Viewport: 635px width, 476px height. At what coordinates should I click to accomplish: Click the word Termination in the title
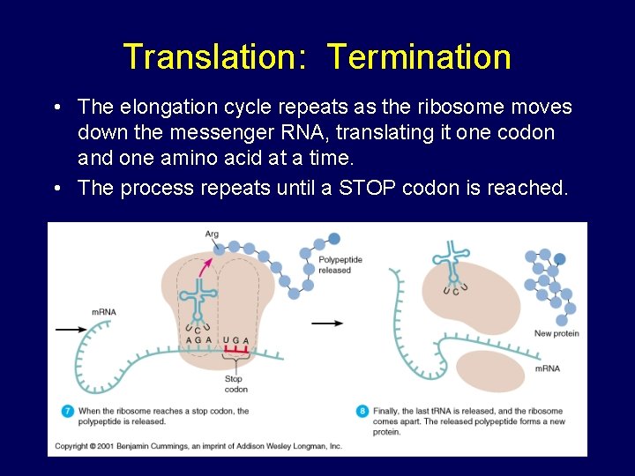click(419, 56)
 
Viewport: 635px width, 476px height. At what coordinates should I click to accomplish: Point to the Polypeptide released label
click(340, 264)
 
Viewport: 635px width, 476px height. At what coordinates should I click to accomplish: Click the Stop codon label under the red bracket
click(235, 383)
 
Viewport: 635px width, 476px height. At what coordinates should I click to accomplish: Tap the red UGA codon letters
click(236, 340)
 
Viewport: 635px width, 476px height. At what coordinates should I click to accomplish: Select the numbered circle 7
click(68, 411)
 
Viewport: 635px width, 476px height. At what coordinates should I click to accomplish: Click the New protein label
click(556, 333)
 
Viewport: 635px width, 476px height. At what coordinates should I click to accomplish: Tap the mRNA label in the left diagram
click(104, 312)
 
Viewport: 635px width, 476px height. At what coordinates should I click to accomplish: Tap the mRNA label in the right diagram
click(547, 368)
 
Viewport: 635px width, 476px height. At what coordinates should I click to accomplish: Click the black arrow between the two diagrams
click(327, 324)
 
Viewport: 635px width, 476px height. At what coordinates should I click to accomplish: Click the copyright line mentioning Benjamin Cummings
click(198, 447)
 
